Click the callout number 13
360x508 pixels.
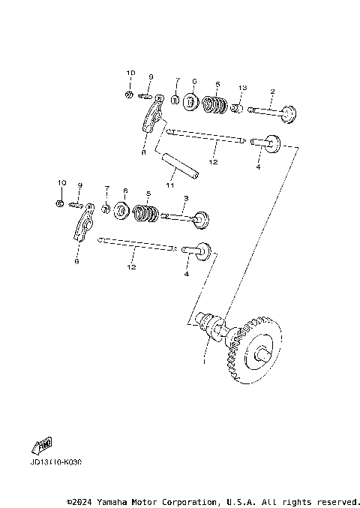click(242, 88)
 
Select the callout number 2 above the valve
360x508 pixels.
click(272, 92)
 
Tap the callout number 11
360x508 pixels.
click(170, 185)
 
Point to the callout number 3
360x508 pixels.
click(186, 198)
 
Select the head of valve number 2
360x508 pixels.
click(288, 116)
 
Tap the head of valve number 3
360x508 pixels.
click(199, 221)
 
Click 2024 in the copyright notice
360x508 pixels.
click(84, 501)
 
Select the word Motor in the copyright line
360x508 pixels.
click(146, 501)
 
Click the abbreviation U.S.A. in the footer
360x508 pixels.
click(237, 501)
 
